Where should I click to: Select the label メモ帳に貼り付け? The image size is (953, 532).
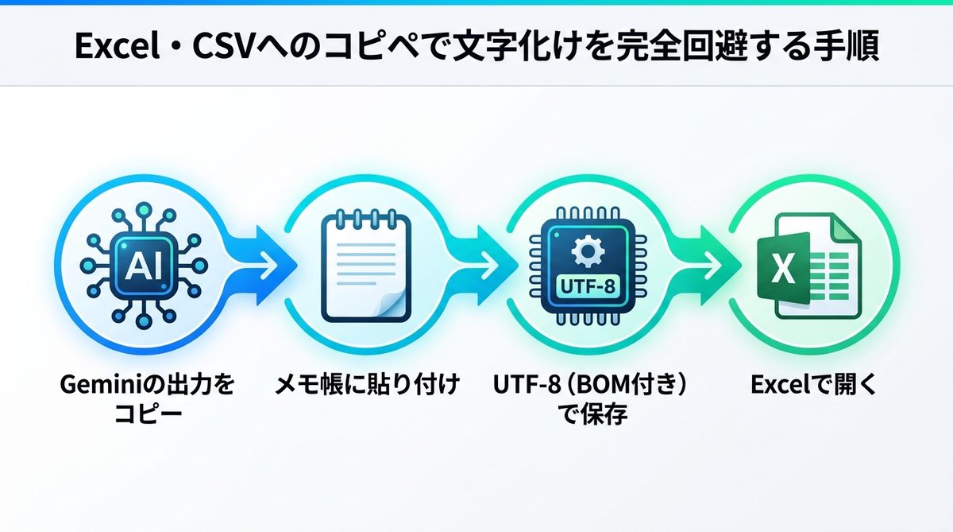point(368,386)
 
